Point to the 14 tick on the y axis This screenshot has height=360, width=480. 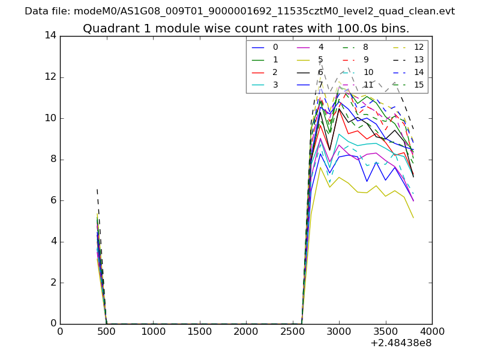(50, 35)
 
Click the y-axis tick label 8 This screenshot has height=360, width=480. (53, 159)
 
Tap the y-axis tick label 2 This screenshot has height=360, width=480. (53, 283)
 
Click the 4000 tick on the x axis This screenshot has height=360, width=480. (432, 331)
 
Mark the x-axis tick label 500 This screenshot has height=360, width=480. (107, 331)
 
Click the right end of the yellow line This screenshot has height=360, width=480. (413, 217)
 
